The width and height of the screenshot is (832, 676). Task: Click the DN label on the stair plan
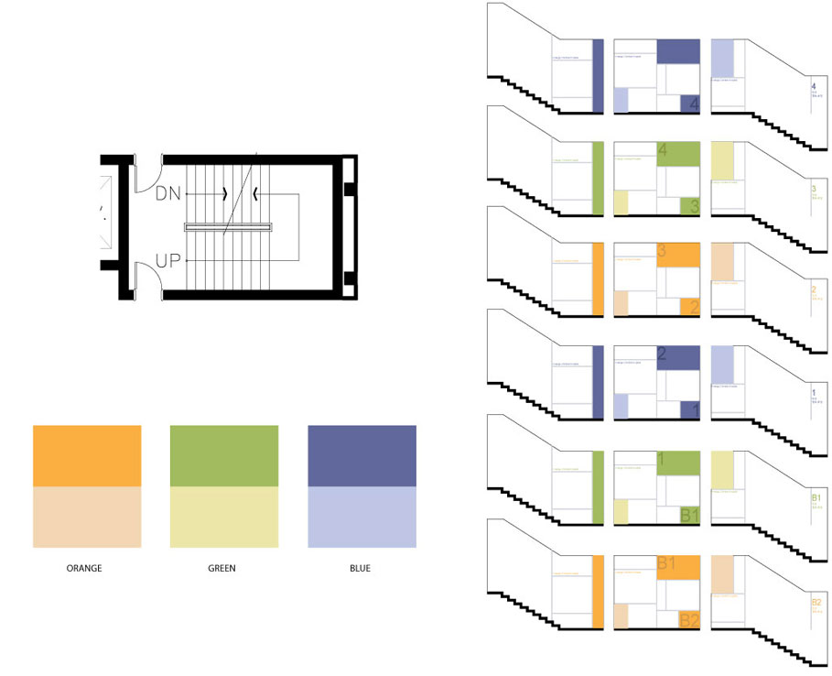click(x=168, y=193)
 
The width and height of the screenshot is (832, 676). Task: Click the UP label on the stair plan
click(x=168, y=261)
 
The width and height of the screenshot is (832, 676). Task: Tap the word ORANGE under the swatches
click(x=84, y=569)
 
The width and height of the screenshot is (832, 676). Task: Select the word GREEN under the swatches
click(x=222, y=569)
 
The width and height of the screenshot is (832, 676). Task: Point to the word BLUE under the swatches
click(x=360, y=569)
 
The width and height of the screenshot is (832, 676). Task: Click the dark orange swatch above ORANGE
click(x=87, y=456)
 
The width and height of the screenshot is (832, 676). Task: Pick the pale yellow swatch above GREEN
click(x=224, y=518)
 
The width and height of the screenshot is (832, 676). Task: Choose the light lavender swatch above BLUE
click(x=362, y=518)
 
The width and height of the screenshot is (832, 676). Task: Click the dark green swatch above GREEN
click(x=224, y=456)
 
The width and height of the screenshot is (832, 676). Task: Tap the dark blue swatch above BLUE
click(x=362, y=456)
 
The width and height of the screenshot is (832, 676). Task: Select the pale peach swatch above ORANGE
click(x=87, y=518)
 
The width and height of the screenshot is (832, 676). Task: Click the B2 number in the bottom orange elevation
click(x=689, y=621)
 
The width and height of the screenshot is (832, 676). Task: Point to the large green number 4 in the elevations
click(x=662, y=148)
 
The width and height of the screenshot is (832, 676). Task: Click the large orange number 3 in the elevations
click(x=662, y=250)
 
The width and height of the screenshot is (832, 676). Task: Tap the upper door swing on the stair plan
click(x=146, y=175)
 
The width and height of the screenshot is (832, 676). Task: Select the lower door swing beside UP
click(x=146, y=278)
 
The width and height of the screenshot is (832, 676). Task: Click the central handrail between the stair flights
click(x=230, y=226)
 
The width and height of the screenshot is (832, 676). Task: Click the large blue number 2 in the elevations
click(x=662, y=354)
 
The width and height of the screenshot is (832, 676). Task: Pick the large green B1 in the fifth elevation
click(x=689, y=516)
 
